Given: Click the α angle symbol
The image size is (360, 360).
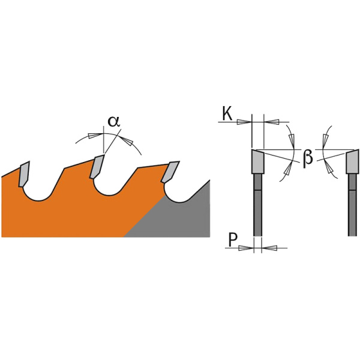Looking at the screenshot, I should (113, 122).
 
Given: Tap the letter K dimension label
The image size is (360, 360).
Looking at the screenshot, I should (227, 113).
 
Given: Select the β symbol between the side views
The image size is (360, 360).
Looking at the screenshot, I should (308, 157).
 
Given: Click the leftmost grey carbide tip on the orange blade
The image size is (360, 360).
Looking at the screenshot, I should (23, 174).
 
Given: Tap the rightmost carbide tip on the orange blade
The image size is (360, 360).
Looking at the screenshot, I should (170, 172).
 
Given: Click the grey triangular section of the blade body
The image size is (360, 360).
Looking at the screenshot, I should (180, 216).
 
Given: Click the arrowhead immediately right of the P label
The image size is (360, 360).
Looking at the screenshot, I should (245, 247).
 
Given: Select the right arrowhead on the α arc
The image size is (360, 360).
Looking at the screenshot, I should (127, 141).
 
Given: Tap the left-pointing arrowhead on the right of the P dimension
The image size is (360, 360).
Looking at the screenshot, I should (269, 247).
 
